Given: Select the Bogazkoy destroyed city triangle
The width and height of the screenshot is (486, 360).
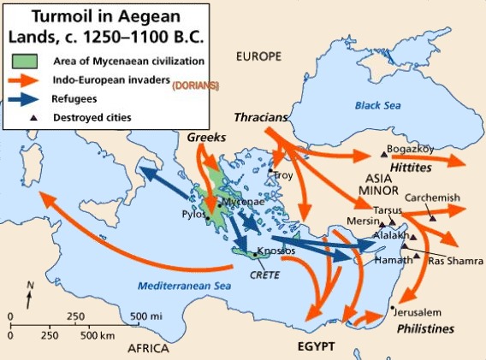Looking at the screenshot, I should (x=382, y=154).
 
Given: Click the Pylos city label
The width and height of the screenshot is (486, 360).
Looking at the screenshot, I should (x=193, y=214).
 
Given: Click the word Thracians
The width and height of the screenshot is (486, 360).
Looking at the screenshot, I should (x=261, y=115).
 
